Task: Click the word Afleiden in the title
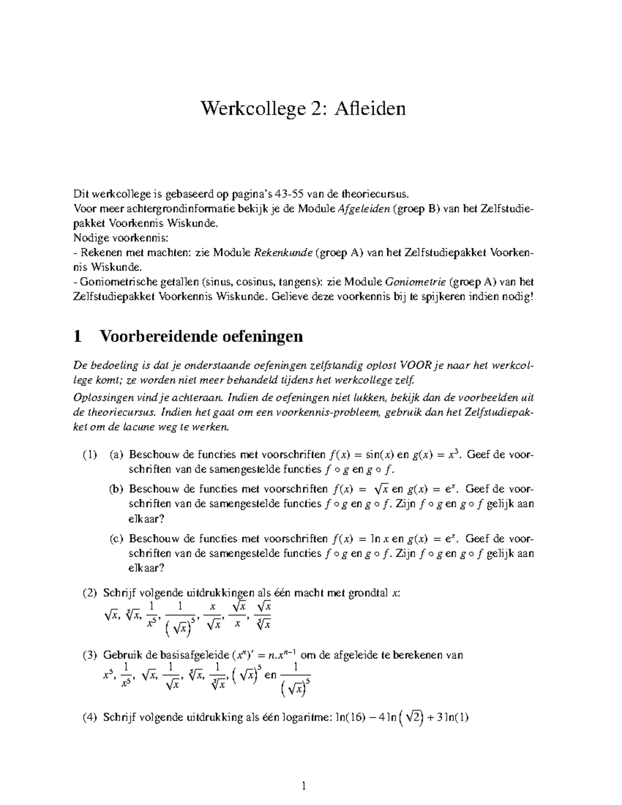click(370, 108)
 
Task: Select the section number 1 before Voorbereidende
click(78, 336)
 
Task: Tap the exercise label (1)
click(90, 455)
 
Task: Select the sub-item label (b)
click(117, 489)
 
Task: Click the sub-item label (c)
click(117, 539)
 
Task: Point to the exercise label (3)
click(90, 655)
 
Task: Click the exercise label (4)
click(90, 718)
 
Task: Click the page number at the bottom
click(305, 787)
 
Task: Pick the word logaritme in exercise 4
click(303, 718)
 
